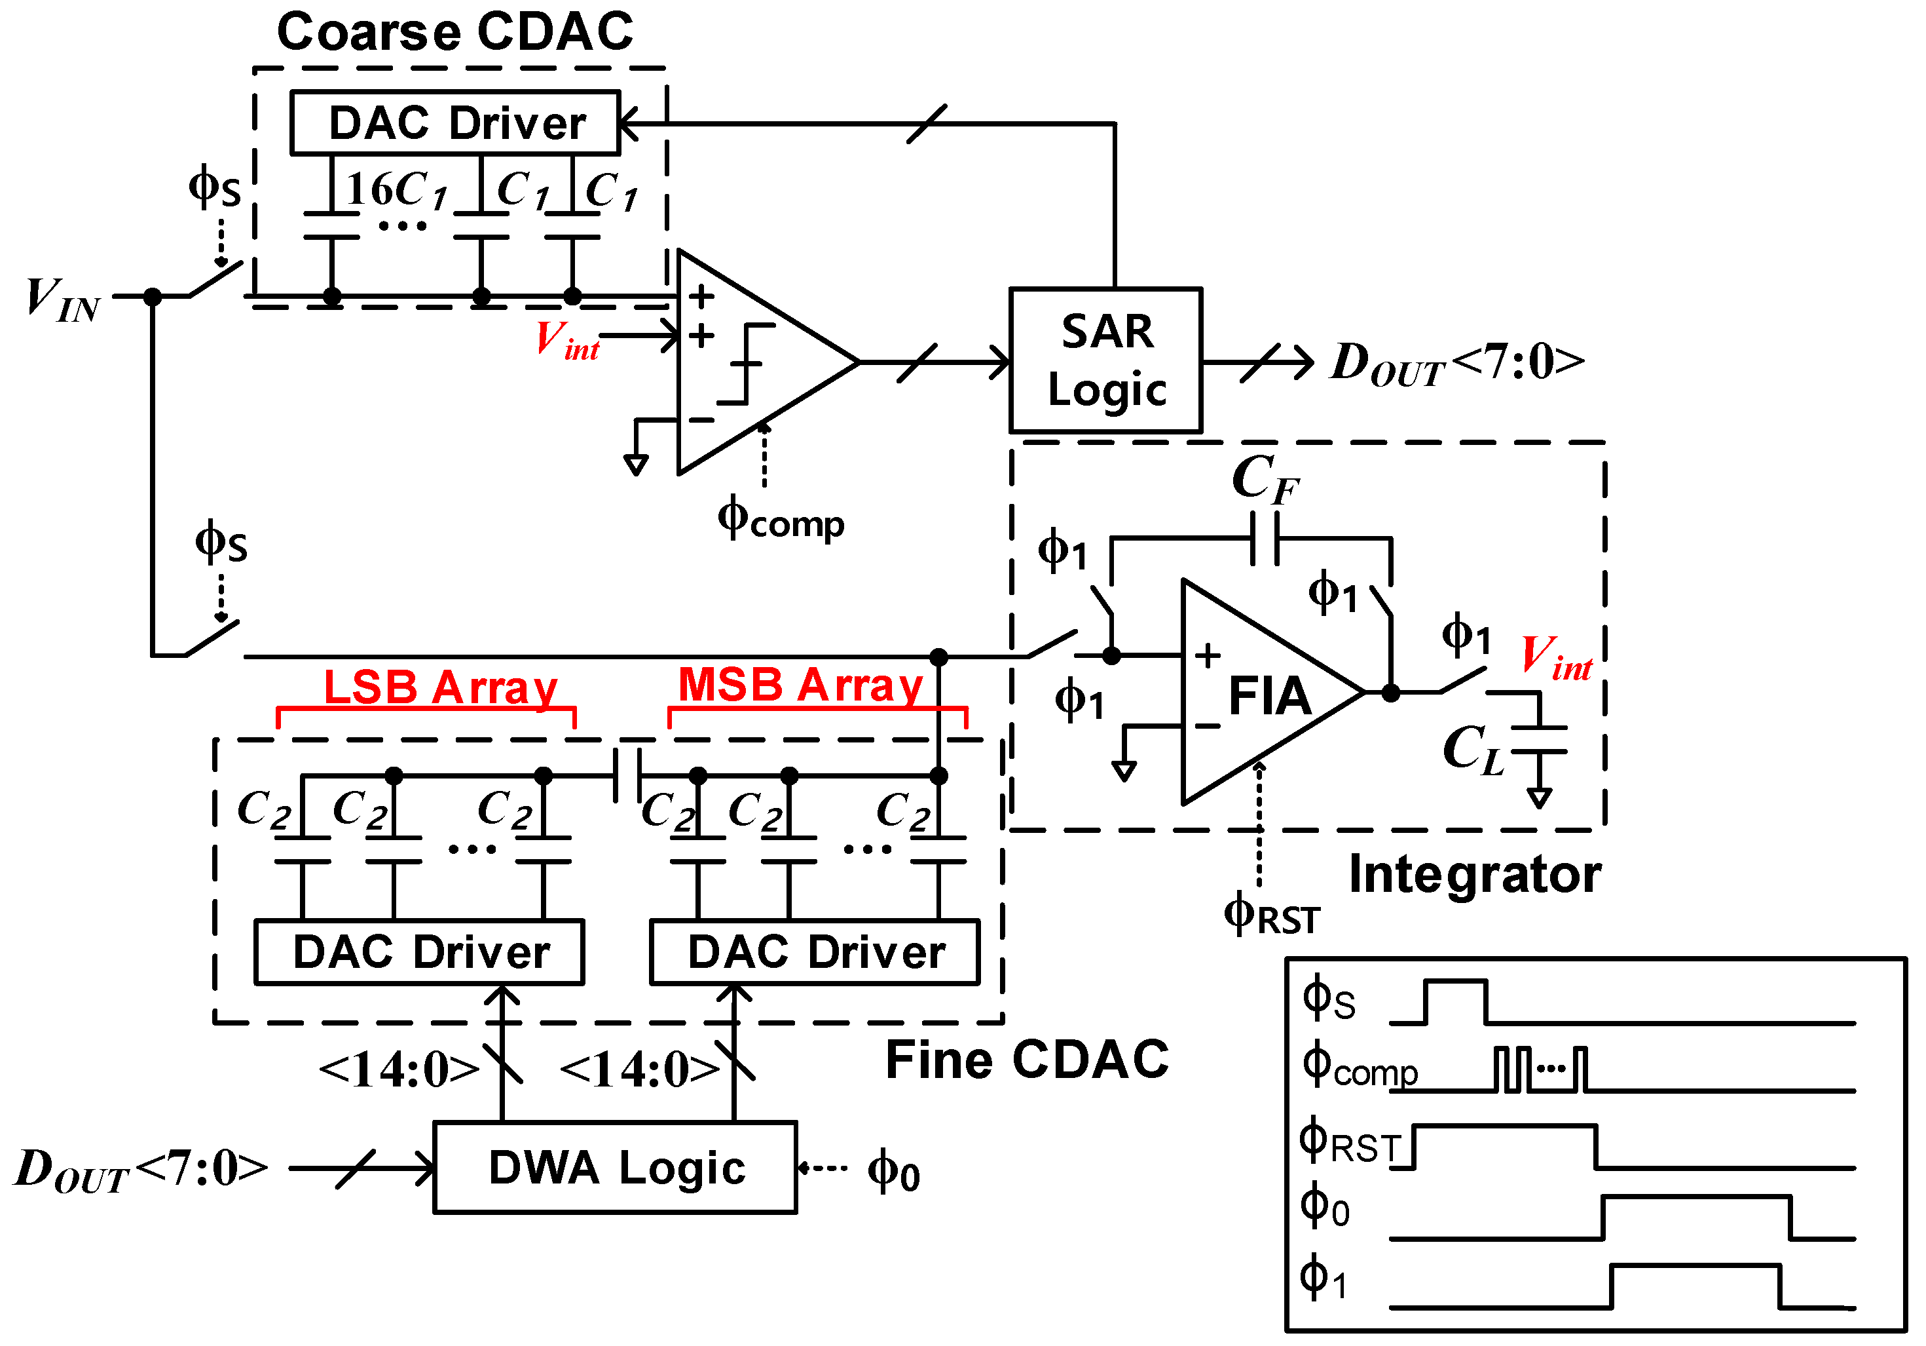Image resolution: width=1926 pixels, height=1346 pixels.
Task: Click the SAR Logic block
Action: point(1105,361)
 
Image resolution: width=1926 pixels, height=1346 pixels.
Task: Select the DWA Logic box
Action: point(615,1167)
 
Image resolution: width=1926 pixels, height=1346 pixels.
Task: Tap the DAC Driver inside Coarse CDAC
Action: point(456,123)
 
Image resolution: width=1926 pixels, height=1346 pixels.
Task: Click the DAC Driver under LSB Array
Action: point(419,952)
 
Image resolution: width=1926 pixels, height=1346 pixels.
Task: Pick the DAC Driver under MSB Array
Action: point(815,952)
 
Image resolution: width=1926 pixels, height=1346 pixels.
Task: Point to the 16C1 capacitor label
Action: point(396,189)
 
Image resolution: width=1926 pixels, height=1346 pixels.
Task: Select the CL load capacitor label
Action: point(1472,750)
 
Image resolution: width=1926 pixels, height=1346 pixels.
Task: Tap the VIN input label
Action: point(63,299)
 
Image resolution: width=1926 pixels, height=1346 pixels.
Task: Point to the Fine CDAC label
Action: point(1027,1059)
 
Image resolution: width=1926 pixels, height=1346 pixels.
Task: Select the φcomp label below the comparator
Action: point(780,520)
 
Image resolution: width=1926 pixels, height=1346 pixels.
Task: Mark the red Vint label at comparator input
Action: point(567,341)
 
